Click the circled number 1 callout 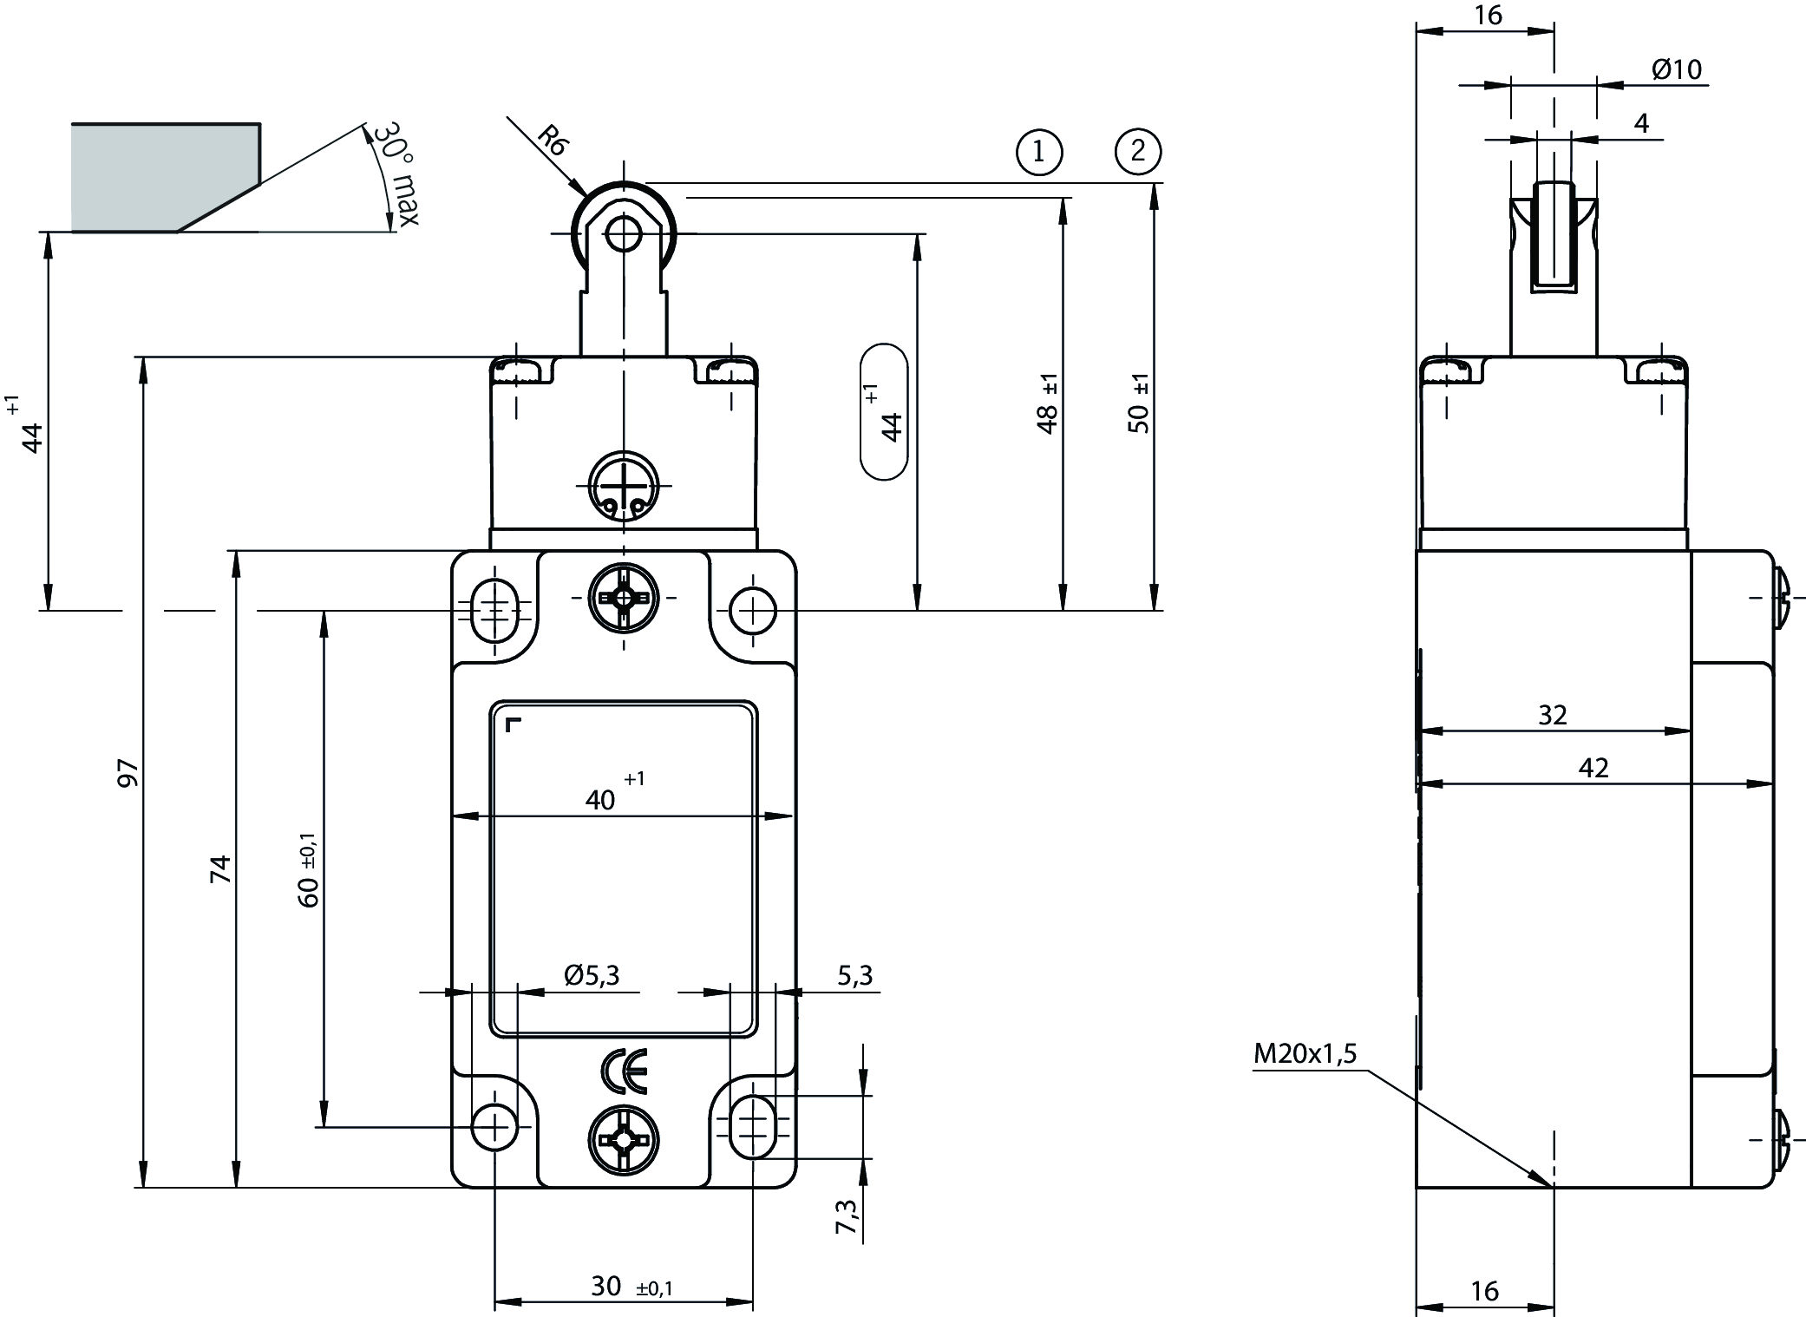tap(1038, 153)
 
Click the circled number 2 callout tap(1137, 153)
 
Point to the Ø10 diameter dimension tap(1676, 69)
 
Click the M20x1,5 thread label tap(1305, 1054)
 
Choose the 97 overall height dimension tap(128, 772)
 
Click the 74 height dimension tap(222, 868)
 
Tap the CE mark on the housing tap(623, 1072)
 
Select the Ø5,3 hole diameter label tap(592, 976)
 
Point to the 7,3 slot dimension tap(847, 1215)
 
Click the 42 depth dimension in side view tap(1593, 768)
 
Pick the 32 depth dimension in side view tap(1553, 715)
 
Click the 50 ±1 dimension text tap(1140, 403)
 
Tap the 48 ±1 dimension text tap(1048, 404)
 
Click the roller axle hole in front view tap(623, 233)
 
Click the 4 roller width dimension tap(1641, 124)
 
